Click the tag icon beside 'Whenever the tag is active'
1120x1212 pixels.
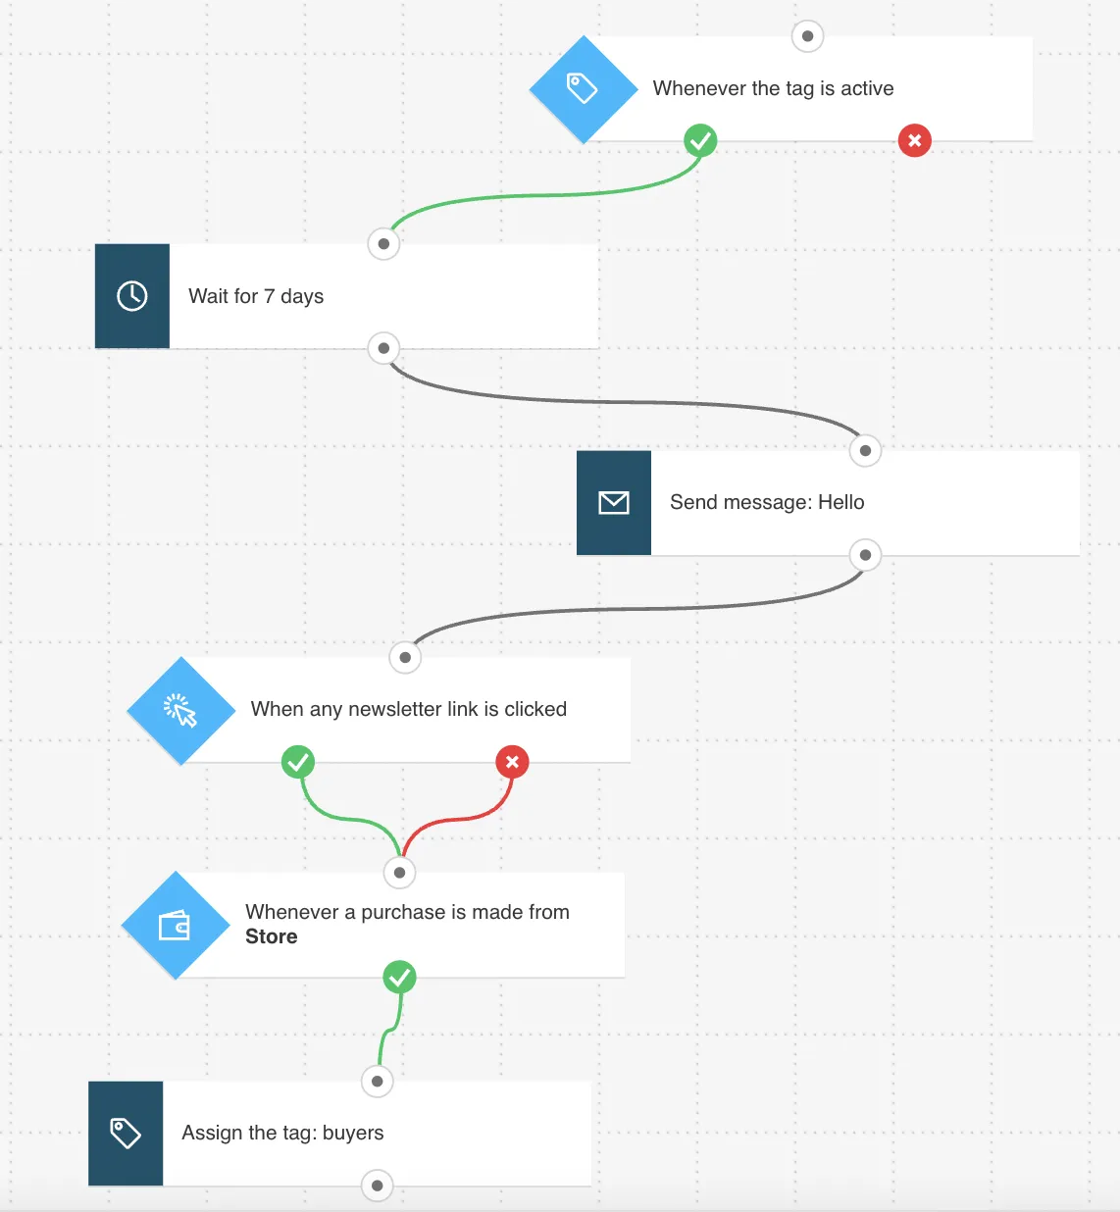click(x=582, y=88)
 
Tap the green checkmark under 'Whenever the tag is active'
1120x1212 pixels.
click(x=700, y=141)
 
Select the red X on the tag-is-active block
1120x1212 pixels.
click(x=914, y=141)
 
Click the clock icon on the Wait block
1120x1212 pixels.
click(x=131, y=296)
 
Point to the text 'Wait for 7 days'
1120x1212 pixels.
click(x=256, y=296)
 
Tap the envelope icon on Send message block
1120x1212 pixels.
click(x=613, y=503)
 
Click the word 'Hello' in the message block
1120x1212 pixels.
click(x=841, y=502)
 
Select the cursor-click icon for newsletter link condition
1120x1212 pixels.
click(x=180, y=710)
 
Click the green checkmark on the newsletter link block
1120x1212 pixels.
click(x=298, y=762)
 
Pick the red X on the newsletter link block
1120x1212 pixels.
click(x=512, y=762)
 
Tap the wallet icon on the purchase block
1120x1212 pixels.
click(x=175, y=925)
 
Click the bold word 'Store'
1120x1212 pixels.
click(x=272, y=936)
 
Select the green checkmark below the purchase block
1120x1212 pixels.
click(x=400, y=977)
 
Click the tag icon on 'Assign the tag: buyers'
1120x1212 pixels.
click(x=126, y=1134)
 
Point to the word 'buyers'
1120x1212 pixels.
click(x=353, y=1133)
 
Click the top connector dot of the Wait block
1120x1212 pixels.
click(x=383, y=244)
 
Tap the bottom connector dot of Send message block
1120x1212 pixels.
click(x=865, y=555)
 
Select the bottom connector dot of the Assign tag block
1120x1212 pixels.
click(x=378, y=1186)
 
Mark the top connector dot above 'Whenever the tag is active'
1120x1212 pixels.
click(x=807, y=36)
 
